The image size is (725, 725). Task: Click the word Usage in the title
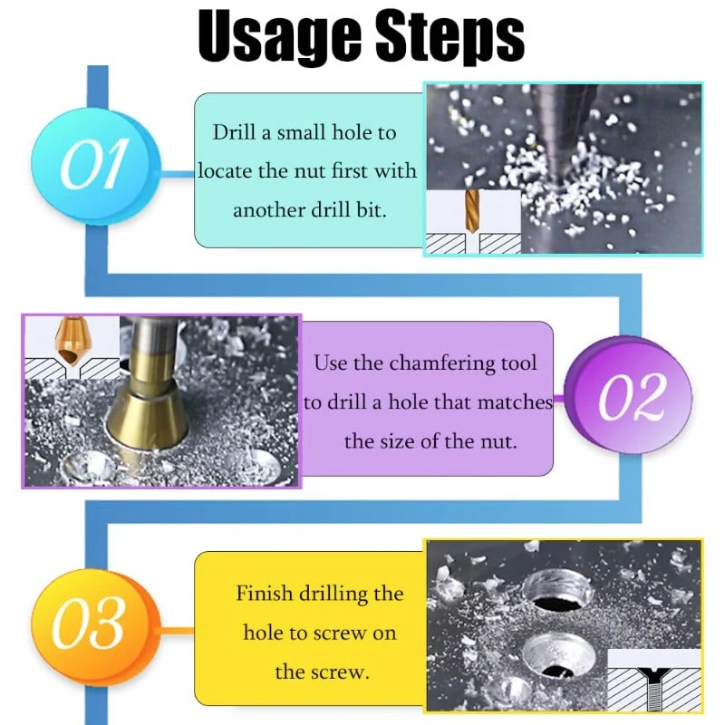(279, 37)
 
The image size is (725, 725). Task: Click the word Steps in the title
(449, 37)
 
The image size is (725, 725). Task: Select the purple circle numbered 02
(629, 396)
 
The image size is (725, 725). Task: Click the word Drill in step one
(234, 132)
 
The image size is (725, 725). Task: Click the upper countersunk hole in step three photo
(557, 591)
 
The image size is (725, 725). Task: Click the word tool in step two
(518, 363)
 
